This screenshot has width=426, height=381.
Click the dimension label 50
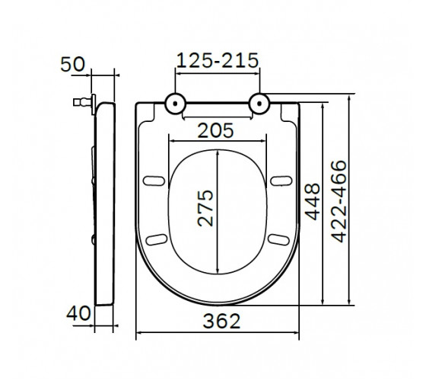[x=72, y=65]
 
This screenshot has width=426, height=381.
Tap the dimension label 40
[x=78, y=313]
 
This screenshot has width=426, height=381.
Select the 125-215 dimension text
[x=218, y=60]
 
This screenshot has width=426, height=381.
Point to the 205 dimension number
[x=215, y=130]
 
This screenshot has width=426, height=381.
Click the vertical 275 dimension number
[x=205, y=208]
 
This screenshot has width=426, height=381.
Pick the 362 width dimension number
[x=221, y=321]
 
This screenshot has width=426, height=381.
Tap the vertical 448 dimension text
[x=313, y=202]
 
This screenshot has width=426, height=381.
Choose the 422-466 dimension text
[x=339, y=201]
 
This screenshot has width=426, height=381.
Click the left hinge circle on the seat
[x=175, y=104]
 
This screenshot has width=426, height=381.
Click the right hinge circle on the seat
[x=259, y=104]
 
